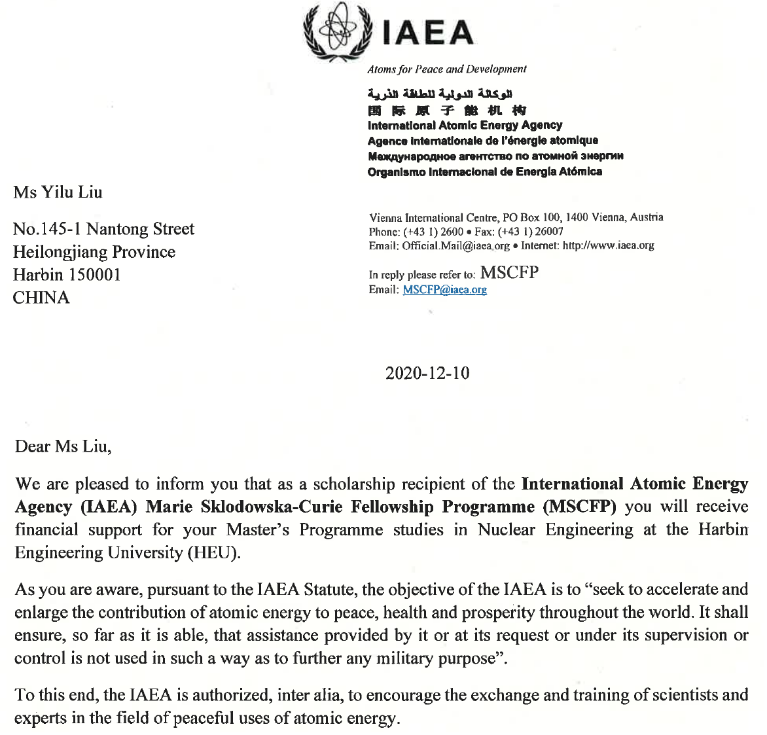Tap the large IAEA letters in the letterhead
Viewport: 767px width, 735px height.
[427, 33]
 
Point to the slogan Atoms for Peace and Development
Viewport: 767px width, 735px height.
[446, 69]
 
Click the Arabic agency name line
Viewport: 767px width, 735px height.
[440, 94]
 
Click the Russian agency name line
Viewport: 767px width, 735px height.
[495, 156]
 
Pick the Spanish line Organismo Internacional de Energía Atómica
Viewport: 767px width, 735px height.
[484, 171]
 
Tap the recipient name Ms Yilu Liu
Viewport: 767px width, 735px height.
[58, 192]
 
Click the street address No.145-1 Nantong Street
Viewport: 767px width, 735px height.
[103, 229]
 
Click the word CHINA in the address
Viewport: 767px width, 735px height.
[41, 298]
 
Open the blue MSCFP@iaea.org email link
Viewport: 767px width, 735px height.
[444, 290]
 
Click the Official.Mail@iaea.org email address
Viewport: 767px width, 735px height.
[455, 246]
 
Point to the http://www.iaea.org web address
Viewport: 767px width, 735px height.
[608, 246]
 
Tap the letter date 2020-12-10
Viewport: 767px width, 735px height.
[427, 373]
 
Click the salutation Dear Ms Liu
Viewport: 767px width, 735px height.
[63, 446]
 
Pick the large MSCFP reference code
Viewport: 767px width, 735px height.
[509, 273]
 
